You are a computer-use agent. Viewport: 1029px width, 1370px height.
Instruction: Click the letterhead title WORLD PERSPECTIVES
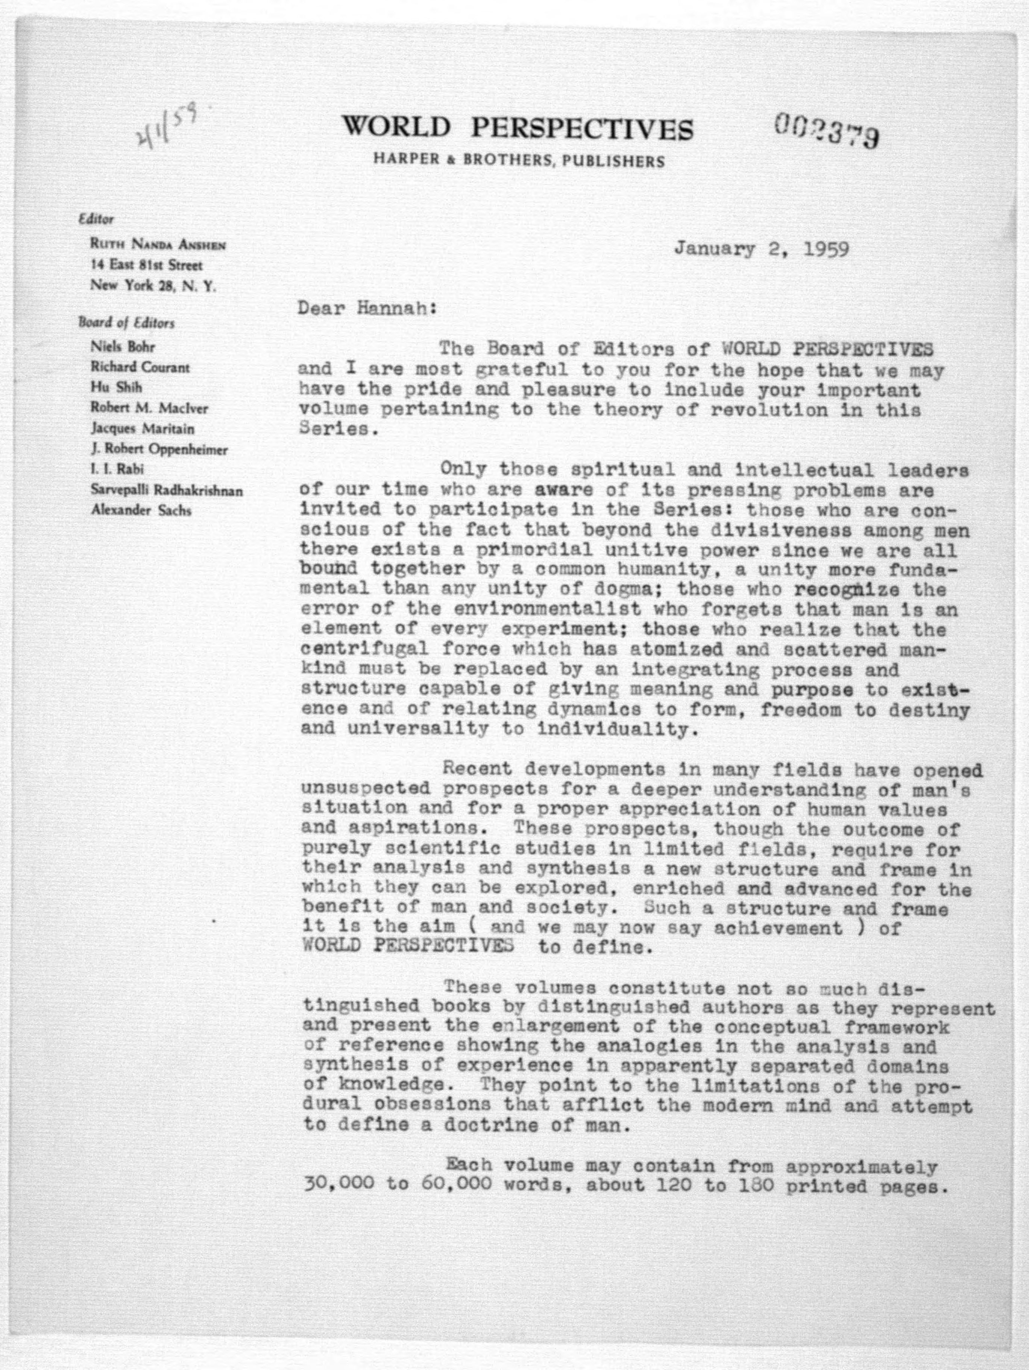[x=518, y=128]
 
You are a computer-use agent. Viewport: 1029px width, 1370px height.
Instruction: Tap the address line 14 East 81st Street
[x=146, y=265]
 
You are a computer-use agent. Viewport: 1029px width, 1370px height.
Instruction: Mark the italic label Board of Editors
[x=126, y=323]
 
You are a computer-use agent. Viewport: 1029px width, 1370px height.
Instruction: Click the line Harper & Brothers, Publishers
[x=518, y=162]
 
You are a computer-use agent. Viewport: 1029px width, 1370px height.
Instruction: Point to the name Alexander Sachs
[x=141, y=511]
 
